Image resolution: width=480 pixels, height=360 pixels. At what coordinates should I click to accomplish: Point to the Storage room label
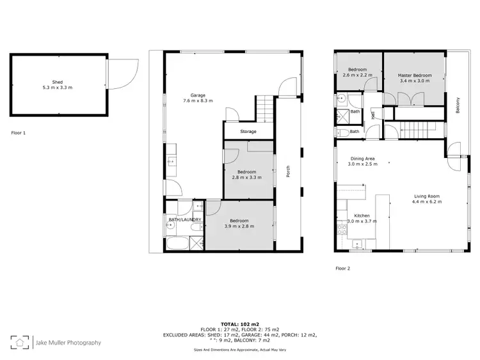(x=248, y=132)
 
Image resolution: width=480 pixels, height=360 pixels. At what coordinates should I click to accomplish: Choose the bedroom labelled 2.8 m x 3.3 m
(x=247, y=174)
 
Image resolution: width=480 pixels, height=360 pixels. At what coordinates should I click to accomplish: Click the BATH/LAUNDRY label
(x=185, y=219)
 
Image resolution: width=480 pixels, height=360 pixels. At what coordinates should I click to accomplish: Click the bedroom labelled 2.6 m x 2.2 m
(x=356, y=72)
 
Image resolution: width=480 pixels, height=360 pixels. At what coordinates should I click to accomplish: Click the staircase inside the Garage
(x=265, y=108)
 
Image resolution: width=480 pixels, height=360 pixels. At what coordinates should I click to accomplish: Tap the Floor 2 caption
(x=342, y=269)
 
